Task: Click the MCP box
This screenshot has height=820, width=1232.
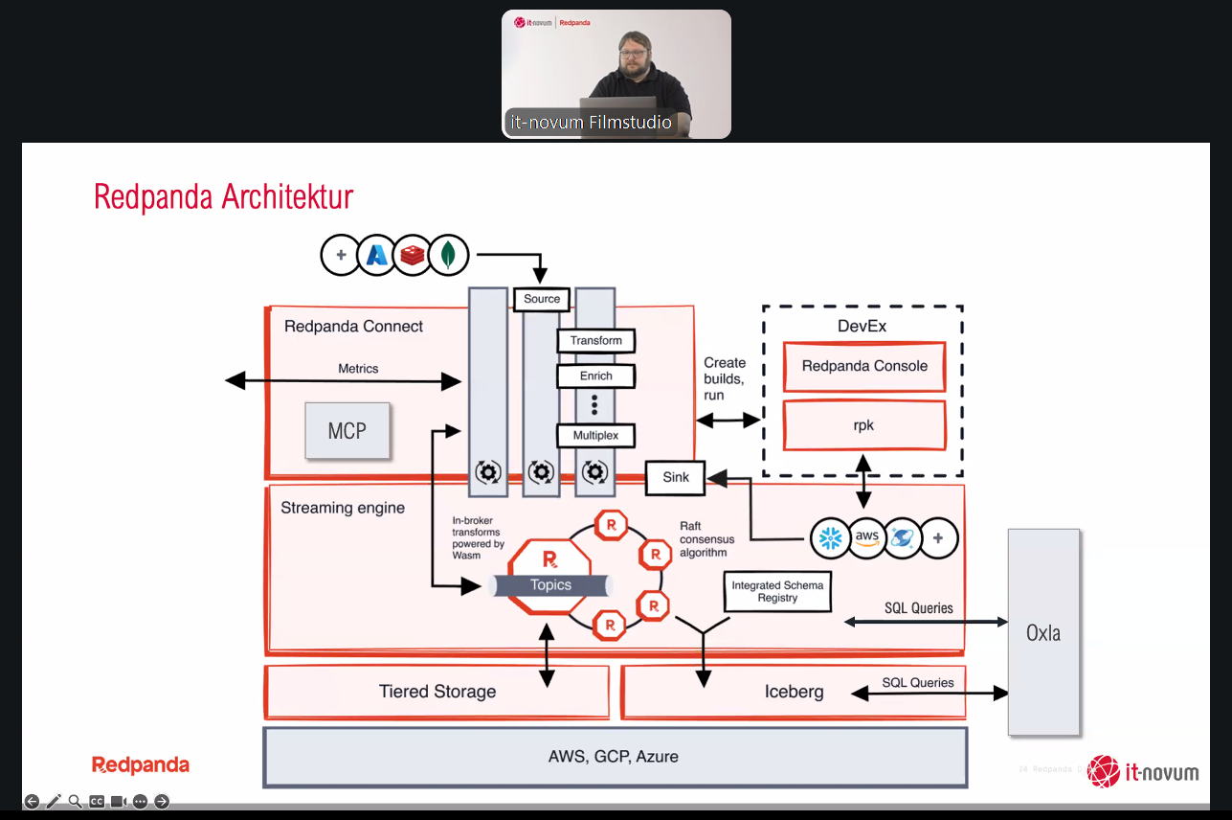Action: pyautogui.click(x=347, y=431)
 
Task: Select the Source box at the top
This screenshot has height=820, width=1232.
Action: pyautogui.click(x=542, y=299)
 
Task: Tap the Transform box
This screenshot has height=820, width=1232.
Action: pyautogui.click(x=595, y=341)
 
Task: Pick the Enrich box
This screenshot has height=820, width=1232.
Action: pyautogui.click(x=595, y=376)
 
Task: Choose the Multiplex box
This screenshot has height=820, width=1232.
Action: pyautogui.click(x=595, y=436)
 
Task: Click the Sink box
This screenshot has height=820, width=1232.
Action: pyautogui.click(x=675, y=477)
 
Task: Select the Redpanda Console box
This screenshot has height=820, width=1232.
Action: pyautogui.click(x=864, y=366)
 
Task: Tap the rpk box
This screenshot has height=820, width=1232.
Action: pyautogui.click(x=864, y=425)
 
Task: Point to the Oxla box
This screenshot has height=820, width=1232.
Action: pyautogui.click(x=1042, y=632)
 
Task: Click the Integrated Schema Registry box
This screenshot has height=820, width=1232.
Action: pyautogui.click(x=777, y=592)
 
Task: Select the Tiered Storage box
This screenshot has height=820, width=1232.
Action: pyautogui.click(x=437, y=692)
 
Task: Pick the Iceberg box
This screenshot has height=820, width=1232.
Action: pyautogui.click(x=794, y=692)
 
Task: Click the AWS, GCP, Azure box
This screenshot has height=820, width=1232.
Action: pyautogui.click(x=614, y=756)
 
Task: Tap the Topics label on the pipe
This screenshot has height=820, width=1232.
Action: pyautogui.click(x=550, y=585)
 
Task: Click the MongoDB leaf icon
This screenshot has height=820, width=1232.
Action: pyautogui.click(x=448, y=255)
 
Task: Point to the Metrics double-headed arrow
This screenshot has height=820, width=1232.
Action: pyautogui.click(x=343, y=381)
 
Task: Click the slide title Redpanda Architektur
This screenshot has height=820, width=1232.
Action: pyautogui.click(x=224, y=197)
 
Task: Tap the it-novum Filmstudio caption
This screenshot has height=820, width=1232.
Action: pyautogui.click(x=590, y=123)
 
